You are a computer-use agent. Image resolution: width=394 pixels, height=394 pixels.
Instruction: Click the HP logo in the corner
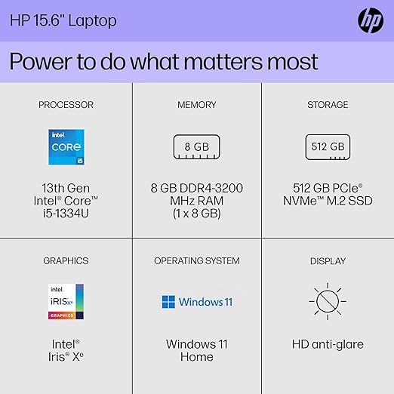371,20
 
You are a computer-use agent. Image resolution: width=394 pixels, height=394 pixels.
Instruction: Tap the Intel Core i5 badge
66,147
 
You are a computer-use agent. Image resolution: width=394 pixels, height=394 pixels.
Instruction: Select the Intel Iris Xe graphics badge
66,301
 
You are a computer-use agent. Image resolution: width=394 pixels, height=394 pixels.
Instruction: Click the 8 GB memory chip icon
196,147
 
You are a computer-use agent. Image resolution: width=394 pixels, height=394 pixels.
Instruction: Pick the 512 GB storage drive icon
328,147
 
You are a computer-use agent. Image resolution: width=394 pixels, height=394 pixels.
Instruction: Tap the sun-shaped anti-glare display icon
328,301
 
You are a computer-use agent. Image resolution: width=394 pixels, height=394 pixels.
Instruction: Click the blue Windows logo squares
168,302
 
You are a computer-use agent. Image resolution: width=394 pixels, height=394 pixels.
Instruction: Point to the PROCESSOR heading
66,105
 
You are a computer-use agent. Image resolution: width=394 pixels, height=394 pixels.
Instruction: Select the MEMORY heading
197,105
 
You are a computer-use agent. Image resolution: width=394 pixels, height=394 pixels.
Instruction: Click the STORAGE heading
328,105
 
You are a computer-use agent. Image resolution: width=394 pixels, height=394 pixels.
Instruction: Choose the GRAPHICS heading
66,261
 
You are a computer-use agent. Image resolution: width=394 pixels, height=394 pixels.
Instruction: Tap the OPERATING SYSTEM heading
197,261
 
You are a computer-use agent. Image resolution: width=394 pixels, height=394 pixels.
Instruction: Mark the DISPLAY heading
328,261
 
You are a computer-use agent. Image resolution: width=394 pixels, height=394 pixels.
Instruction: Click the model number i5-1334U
66,214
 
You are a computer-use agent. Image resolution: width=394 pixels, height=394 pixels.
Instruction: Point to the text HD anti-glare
328,344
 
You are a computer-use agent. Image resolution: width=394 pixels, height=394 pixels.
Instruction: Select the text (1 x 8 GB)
197,214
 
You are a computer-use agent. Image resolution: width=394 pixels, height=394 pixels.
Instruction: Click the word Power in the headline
41,61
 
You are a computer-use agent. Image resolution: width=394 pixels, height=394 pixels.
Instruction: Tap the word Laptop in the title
92,20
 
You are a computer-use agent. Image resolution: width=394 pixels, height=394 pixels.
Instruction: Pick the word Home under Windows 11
197,357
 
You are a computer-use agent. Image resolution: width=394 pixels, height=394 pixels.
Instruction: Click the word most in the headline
292,62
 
